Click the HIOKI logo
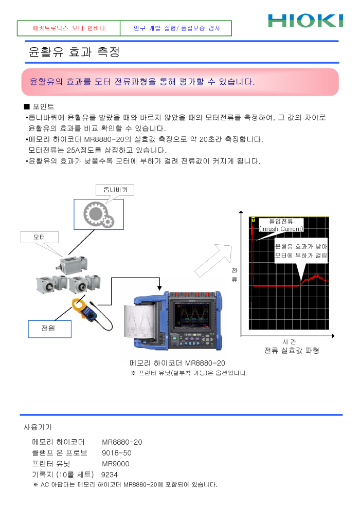pyautogui.click(x=305, y=21)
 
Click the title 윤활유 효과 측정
pyautogui.click(x=75, y=52)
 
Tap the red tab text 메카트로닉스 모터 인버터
pyautogui.click(x=68, y=28)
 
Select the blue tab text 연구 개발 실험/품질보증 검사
pyautogui.click(x=176, y=28)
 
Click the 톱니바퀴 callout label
pyautogui.click(x=115, y=190)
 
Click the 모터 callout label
pyautogui.click(x=39, y=238)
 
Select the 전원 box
pyautogui.click(x=49, y=329)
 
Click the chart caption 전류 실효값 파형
pyautogui.click(x=292, y=351)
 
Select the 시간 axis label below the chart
pyautogui.click(x=289, y=341)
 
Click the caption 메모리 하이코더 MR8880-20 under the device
pyautogui.click(x=177, y=363)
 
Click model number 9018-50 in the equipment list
pyautogui.click(x=117, y=453)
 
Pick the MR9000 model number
pyautogui.click(x=116, y=464)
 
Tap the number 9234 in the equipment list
pyautogui.click(x=110, y=475)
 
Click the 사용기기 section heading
pyautogui.click(x=38, y=427)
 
